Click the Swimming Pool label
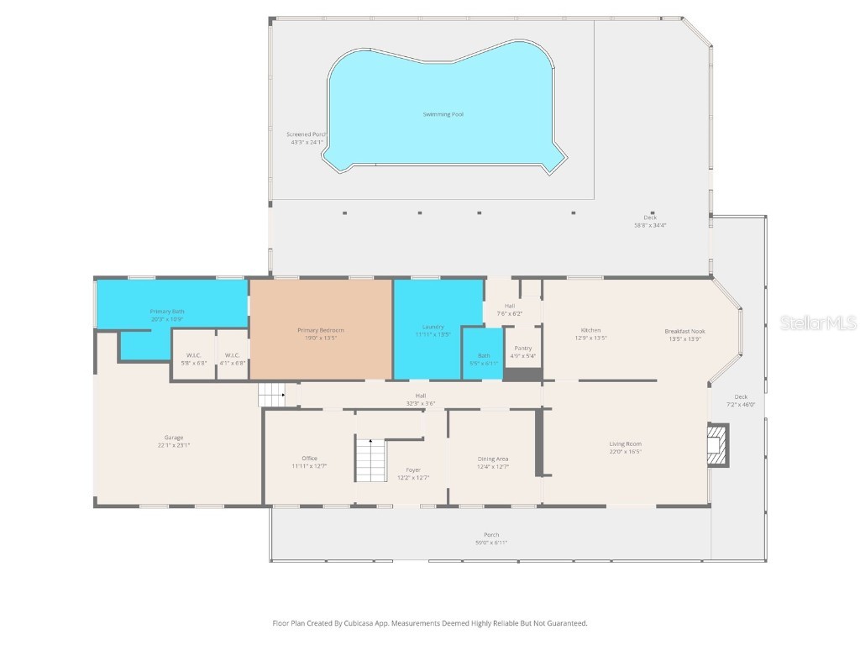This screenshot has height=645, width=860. [443, 114]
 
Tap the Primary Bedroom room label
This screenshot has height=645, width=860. [321, 330]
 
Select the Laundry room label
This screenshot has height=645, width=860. [433, 327]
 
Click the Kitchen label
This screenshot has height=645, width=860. [590, 330]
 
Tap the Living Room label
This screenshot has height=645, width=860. [625, 443]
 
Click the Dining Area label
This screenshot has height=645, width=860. [493, 459]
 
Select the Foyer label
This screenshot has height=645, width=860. [413, 469]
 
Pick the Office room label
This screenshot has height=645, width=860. [309, 458]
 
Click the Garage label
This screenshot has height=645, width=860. [174, 438]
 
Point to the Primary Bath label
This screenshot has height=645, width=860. [167, 312]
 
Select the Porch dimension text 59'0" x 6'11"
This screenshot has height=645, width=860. [491, 543]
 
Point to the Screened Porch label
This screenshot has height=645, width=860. [306, 134]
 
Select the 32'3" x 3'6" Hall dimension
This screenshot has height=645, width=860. [421, 403]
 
